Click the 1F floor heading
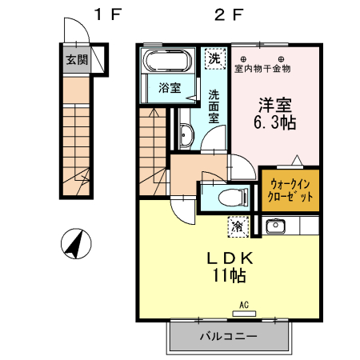click(x=106, y=14)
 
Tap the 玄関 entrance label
click(x=78, y=59)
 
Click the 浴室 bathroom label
click(x=169, y=88)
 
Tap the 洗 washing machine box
click(x=214, y=58)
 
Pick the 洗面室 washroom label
click(x=214, y=104)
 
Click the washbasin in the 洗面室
click(x=185, y=137)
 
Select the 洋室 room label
click(x=270, y=104)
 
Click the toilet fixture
click(x=227, y=196)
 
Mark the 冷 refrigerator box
click(x=238, y=226)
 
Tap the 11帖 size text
click(x=230, y=276)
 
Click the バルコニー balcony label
click(x=228, y=336)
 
